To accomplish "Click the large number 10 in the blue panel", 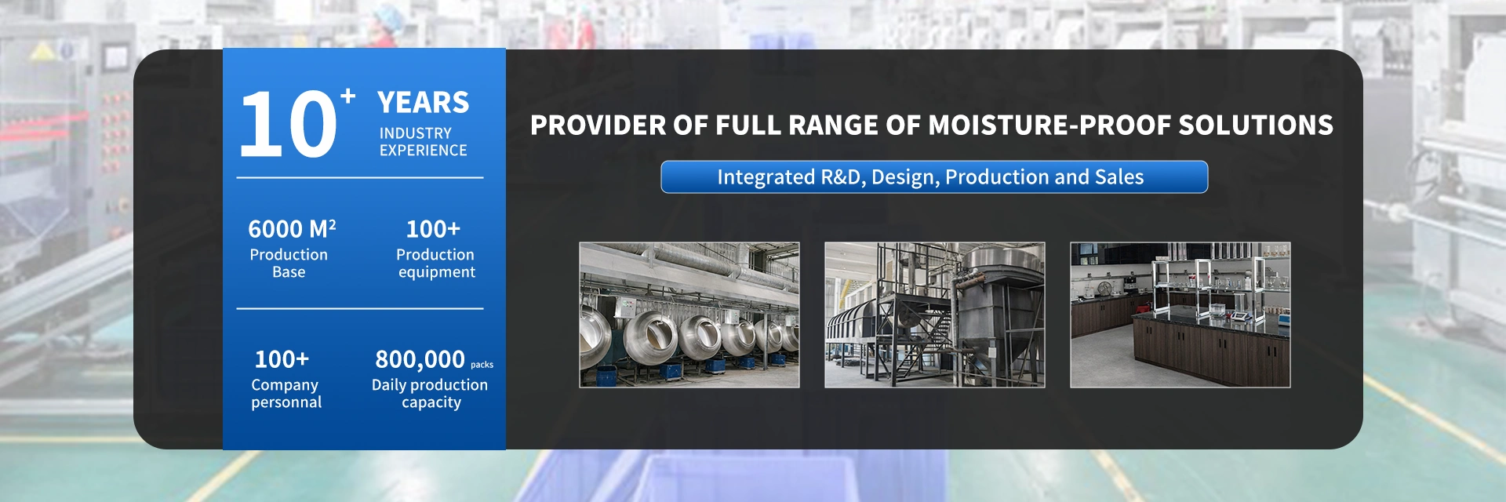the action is [288, 123].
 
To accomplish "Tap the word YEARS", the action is [423, 103].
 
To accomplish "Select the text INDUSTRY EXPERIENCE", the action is [423, 142].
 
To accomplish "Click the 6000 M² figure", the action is [292, 229].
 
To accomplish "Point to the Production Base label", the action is [289, 263].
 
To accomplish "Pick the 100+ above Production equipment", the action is [433, 229].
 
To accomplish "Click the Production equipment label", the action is [436, 264].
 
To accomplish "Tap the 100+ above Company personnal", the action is [282, 359].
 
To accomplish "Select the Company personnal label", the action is [286, 394].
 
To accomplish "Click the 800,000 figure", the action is [420, 359].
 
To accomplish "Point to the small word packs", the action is [482, 365].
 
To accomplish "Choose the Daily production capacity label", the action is [430, 394].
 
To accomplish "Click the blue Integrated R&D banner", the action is [934, 176].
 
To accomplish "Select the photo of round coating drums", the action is [689, 315].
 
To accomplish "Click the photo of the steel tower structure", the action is [935, 315].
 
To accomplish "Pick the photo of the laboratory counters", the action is [1180, 315].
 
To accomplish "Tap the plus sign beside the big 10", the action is [348, 96].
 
